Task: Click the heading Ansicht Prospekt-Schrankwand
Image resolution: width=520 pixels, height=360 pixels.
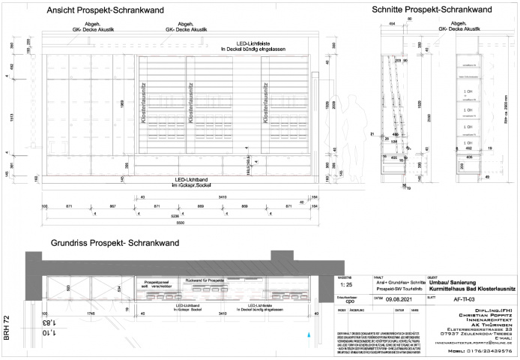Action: coord(103,11)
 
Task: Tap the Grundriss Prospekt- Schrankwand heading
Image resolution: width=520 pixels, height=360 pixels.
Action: coord(115,244)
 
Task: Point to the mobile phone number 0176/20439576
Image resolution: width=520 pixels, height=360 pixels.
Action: coord(483,351)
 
